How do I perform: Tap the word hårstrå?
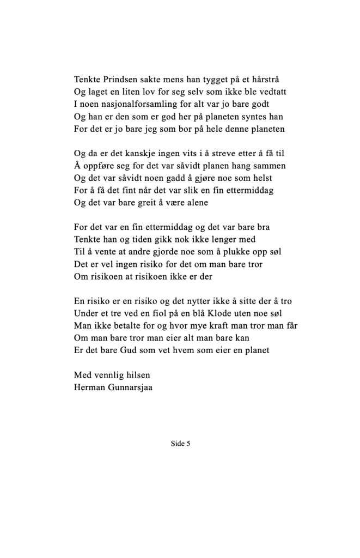tap(264, 79)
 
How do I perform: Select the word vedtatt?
tap(271, 92)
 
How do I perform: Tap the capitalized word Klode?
tap(219, 314)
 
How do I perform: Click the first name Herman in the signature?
tap(90, 388)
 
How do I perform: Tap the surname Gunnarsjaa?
tap(131, 388)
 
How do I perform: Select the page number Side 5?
tap(180, 444)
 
